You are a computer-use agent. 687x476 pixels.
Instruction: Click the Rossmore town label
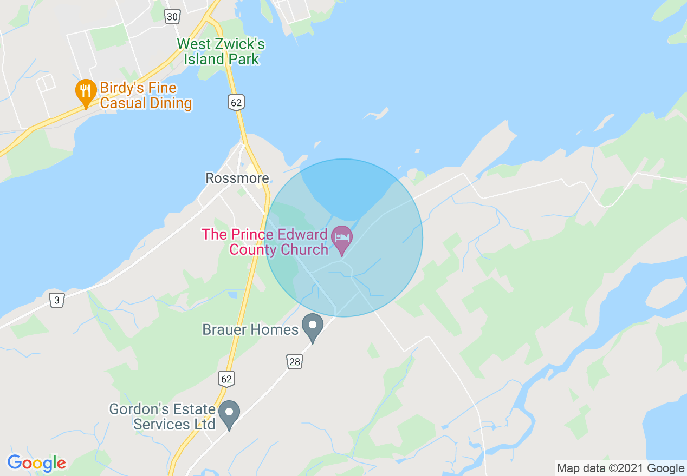pyautogui.click(x=237, y=178)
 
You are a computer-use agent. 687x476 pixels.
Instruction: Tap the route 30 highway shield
pyautogui.click(x=172, y=17)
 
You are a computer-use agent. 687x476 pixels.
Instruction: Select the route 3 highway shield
pyautogui.click(x=56, y=300)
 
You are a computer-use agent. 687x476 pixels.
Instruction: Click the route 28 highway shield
pyautogui.click(x=294, y=362)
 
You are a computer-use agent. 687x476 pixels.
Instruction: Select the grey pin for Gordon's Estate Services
pyautogui.click(x=229, y=414)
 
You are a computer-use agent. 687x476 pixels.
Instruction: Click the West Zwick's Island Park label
pyautogui.click(x=221, y=51)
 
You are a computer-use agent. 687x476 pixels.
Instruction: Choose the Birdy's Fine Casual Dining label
pyautogui.click(x=146, y=95)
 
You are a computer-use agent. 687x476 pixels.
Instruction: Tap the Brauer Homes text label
pyautogui.click(x=250, y=329)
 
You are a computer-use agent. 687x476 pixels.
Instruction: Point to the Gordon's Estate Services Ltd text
pyautogui.click(x=162, y=416)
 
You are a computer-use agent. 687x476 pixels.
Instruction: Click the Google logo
pyautogui.click(x=36, y=463)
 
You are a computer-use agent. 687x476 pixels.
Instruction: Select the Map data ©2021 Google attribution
pyautogui.click(x=620, y=468)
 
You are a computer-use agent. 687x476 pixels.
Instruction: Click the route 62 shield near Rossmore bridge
pyautogui.click(x=236, y=102)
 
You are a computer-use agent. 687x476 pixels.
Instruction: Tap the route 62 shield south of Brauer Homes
pyautogui.click(x=226, y=378)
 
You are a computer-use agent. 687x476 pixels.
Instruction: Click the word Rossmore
pyautogui.click(x=237, y=178)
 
